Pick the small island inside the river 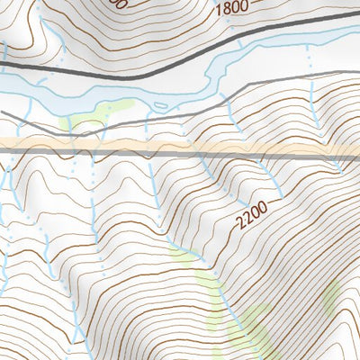coord(162,106)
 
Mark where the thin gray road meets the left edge coord(3,112)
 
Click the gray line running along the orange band coord(180,154)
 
